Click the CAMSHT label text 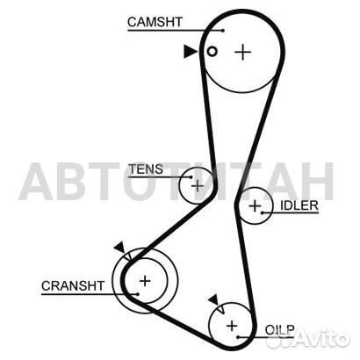[155, 22]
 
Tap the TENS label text [146, 169]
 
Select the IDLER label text [299, 205]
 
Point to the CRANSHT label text [73, 286]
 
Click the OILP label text [279, 330]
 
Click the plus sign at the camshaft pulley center [243, 52]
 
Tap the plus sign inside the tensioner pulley [198, 185]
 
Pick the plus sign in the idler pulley [255, 206]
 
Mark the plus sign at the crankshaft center [145, 281]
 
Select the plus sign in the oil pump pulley [232, 326]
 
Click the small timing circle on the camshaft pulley [212, 52]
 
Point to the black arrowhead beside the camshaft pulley [190, 52]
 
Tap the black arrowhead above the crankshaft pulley [119, 248]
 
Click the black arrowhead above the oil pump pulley [213, 300]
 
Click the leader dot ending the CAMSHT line [223, 31]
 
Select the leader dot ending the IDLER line [263, 212]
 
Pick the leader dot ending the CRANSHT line [137, 294]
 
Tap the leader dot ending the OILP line [238, 337]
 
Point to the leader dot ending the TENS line [191, 177]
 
